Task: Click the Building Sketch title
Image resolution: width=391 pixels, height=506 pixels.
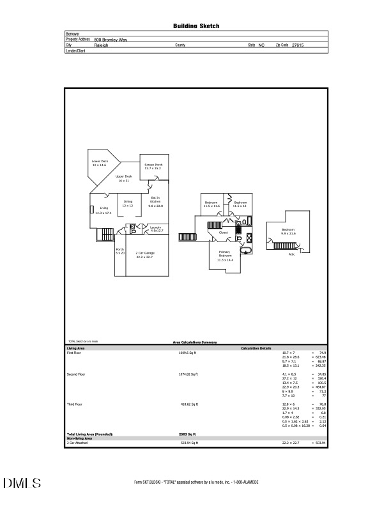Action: click(x=196, y=26)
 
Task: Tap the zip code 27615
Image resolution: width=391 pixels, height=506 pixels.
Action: click(x=297, y=45)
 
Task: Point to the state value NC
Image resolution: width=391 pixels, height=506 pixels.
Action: click(x=261, y=45)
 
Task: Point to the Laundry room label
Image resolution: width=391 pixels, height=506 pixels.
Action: click(x=156, y=228)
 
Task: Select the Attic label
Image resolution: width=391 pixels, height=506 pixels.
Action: click(x=291, y=254)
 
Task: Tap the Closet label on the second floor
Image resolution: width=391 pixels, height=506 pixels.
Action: click(x=223, y=233)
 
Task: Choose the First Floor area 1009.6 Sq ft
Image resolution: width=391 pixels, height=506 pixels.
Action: click(x=189, y=352)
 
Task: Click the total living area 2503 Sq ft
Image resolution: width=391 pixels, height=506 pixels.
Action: click(x=187, y=434)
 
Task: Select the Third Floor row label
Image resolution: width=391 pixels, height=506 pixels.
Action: click(x=75, y=404)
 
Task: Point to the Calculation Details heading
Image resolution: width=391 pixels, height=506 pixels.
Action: click(x=256, y=348)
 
